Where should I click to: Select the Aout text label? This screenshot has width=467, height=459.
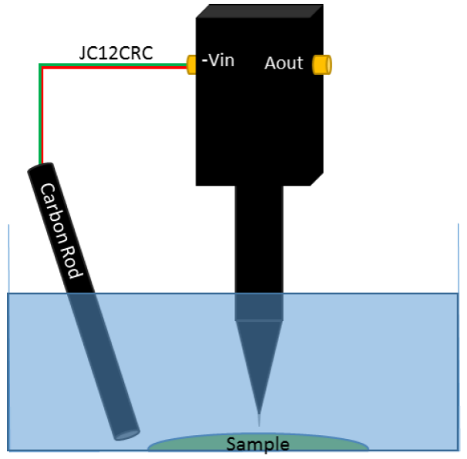pyautogui.click(x=284, y=63)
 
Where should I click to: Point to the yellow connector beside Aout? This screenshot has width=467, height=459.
pyautogui.click(x=321, y=64)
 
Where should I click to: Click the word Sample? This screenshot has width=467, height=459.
pyautogui.click(x=257, y=444)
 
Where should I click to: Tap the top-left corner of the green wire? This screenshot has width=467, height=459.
pyautogui.click(x=39, y=64)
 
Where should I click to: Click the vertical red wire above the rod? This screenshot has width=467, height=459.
pyautogui.click(x=43, y=116)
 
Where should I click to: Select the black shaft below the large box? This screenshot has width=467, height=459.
pyautogui.click(x=259, y=231)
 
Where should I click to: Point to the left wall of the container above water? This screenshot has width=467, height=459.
pyautogui.click(x=8, y=258)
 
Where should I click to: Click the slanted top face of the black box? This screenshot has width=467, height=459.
pyautogui.click(x=258, y=12)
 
